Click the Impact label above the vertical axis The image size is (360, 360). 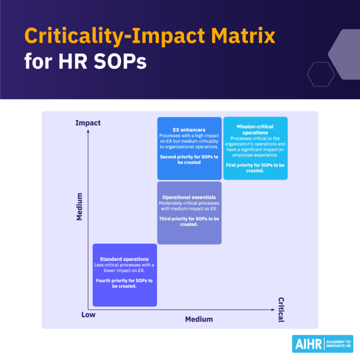click(x=88, y=123)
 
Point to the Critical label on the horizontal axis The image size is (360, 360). click(x=281, y=309)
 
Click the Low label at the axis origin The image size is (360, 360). click(x=88, y=315)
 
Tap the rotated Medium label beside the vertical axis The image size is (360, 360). click(x=79, y=207)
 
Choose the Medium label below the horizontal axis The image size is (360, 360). click(x=199, y=319)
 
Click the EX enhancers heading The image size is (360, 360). click(x=189, y=130)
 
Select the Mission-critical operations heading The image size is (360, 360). click(x=255, y=129)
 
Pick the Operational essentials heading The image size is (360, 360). click(x=189, y=197)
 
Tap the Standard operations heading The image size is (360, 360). click(x=124, y=259)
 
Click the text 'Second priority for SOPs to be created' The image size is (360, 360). click(x=189, y=159)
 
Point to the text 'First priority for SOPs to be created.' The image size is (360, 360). click(x=255, y=168)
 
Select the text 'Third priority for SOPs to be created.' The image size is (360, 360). click(x=189, y=221)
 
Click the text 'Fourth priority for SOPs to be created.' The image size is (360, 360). click(x=124, y=283)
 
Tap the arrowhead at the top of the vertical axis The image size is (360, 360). click(x=88, y=131)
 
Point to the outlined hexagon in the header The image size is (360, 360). click(x=321, y=74)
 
